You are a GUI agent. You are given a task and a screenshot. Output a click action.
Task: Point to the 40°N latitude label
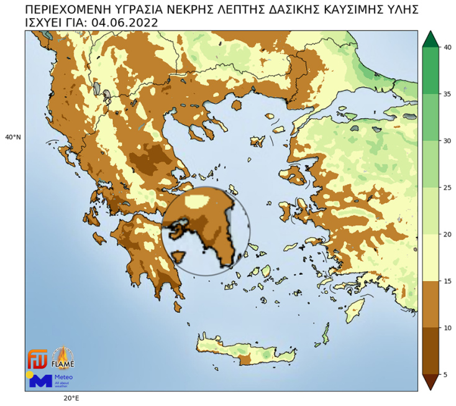pos(13,137)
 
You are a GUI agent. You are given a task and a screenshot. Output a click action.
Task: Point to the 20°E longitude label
pos(70,398)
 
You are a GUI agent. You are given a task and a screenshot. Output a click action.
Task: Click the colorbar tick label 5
pos(445,374)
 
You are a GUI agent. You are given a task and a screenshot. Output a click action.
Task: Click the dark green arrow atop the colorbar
pos(429,39)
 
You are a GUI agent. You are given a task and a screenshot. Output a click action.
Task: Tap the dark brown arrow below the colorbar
pos(429,382)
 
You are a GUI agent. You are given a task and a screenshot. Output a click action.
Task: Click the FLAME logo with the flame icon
pos(63,358)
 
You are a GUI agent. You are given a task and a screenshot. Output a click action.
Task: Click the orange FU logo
pos(37,359)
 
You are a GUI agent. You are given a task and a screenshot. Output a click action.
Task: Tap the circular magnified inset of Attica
pos(206,231)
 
